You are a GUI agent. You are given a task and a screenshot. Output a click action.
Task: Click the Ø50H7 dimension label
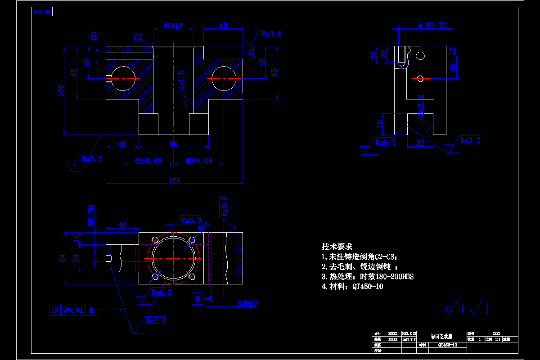click(173, 26)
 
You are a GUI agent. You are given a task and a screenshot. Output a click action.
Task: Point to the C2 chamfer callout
click(138, 37)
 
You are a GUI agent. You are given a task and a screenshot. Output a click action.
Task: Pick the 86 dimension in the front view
click(174, 144)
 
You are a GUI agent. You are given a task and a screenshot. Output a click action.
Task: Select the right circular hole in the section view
click(224, 78)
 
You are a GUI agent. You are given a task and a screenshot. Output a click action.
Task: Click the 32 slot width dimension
click(420, 144)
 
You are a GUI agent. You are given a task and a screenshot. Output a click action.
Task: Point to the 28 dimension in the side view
click(454, 67)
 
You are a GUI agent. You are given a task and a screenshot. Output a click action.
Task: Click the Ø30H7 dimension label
click(247, 304)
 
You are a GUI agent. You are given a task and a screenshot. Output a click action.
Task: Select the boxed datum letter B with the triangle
click(197, 298)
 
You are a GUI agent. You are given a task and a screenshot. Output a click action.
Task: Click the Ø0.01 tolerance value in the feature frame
click(73, 310)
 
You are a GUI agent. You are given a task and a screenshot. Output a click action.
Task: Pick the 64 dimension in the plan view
click(63, 258)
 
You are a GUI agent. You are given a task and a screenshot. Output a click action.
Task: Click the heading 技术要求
click(337, 247)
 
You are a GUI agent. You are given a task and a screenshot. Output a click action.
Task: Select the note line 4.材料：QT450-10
click(352, 286)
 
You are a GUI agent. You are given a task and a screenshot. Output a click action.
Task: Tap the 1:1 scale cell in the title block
click(498, 339)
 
